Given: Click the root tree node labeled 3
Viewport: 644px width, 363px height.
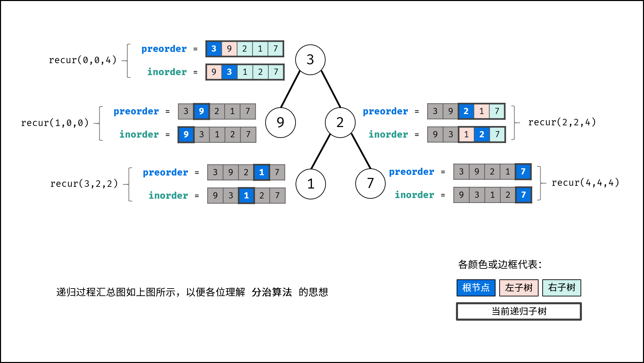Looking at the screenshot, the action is pyautogui.click(x=310, y=60).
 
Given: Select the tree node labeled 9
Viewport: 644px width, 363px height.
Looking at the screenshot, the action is pyautogui.click(x=281, y=123).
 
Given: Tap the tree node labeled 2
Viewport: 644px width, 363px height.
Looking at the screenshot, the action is pyautogui.click(x=340, y=123).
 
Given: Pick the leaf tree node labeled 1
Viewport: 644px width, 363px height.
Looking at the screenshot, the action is pyautogui.click(x=311, y=184).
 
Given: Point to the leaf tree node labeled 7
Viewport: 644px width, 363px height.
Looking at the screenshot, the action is pyautogui.click(x=370, y=183).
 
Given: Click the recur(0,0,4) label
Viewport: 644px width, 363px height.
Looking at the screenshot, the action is pyautogui.click(x=83, y=60).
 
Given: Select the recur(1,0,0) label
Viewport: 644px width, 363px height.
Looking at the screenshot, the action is pyautogui.click(x=55, y=123).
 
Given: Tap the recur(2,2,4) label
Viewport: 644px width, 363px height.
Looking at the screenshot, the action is pyautogui.click(x=562, y=122).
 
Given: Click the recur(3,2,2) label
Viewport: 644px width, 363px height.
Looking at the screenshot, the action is pyautogui.click(x=84, y=184).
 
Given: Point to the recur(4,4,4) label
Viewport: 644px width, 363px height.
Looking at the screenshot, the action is pyautogui.click(x=585, y=183).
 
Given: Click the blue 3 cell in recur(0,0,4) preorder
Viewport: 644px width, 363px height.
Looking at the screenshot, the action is pyautogui.click(x=214, y=49).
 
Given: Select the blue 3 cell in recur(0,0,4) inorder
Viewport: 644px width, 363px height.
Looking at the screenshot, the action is pyautogui.click(x=229, y=72).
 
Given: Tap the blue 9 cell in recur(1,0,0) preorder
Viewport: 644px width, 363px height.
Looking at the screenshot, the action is pyautogui.click(x=201, y=111).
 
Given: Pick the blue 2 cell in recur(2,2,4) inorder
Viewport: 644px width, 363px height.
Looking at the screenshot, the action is pyautogui.click(x=482, y=135).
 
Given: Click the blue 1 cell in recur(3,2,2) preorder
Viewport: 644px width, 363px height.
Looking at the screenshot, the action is pyautogui.click(x=262, y=172).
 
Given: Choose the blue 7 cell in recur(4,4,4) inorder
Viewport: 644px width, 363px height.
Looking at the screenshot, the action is pyautogui.click(x=524, y=195).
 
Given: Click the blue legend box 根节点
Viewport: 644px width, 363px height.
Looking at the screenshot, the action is pyautogui.click(x=476, y=288).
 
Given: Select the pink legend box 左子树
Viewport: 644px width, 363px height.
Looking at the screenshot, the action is pyautogui.click(x=519, y=288).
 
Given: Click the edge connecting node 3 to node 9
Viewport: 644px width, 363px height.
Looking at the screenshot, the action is pyautogui.click(x=290, y=89).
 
